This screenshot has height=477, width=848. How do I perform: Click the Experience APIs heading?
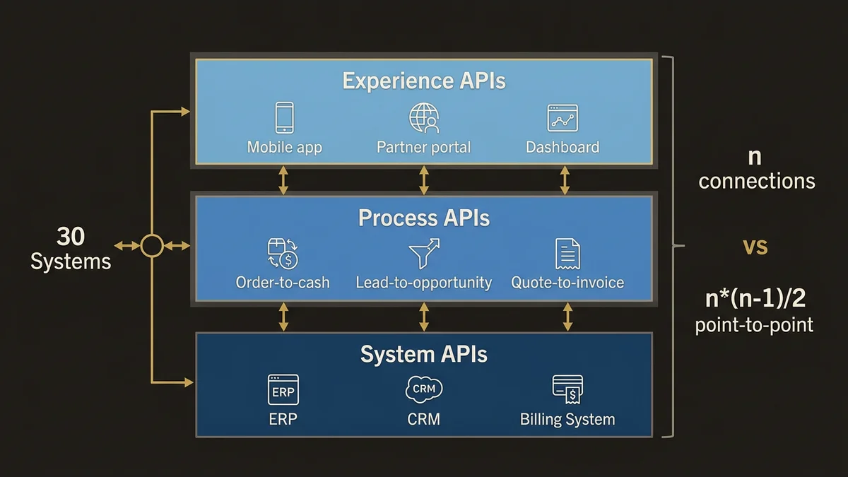[x=424, y=81]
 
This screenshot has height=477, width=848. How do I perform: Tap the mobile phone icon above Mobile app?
[x=284, y=117]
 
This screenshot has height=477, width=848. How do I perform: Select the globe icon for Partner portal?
[x=424, y=118]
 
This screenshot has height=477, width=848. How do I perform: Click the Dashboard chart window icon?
[x=563, y=118]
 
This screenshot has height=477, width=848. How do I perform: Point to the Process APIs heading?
[x=424, y=218]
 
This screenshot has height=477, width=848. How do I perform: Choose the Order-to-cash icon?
[x=283, y=254]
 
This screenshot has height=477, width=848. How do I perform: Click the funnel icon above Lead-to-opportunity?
[x=424, y=253]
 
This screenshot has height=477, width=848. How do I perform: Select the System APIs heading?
[x=424, y=353]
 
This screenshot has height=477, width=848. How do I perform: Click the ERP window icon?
[x=283, y=389]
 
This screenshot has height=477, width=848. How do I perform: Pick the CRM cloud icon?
[x=424, y=389]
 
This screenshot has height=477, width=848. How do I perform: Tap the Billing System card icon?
[x=567, y=389]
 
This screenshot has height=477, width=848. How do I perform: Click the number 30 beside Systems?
[x=71, y=237]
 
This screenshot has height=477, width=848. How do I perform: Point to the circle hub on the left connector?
[x=152, y=246]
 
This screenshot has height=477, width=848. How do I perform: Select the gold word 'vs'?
[x=755, y=247]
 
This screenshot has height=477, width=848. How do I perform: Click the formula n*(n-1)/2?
[x=755, y=299]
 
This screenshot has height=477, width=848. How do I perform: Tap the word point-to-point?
[x=754, y=325]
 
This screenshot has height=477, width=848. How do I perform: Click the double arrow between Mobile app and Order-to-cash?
[x=283, y=180]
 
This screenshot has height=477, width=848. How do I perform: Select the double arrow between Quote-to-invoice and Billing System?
[x=567, y=317]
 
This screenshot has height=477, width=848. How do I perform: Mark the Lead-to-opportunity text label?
[x=424, y=283]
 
